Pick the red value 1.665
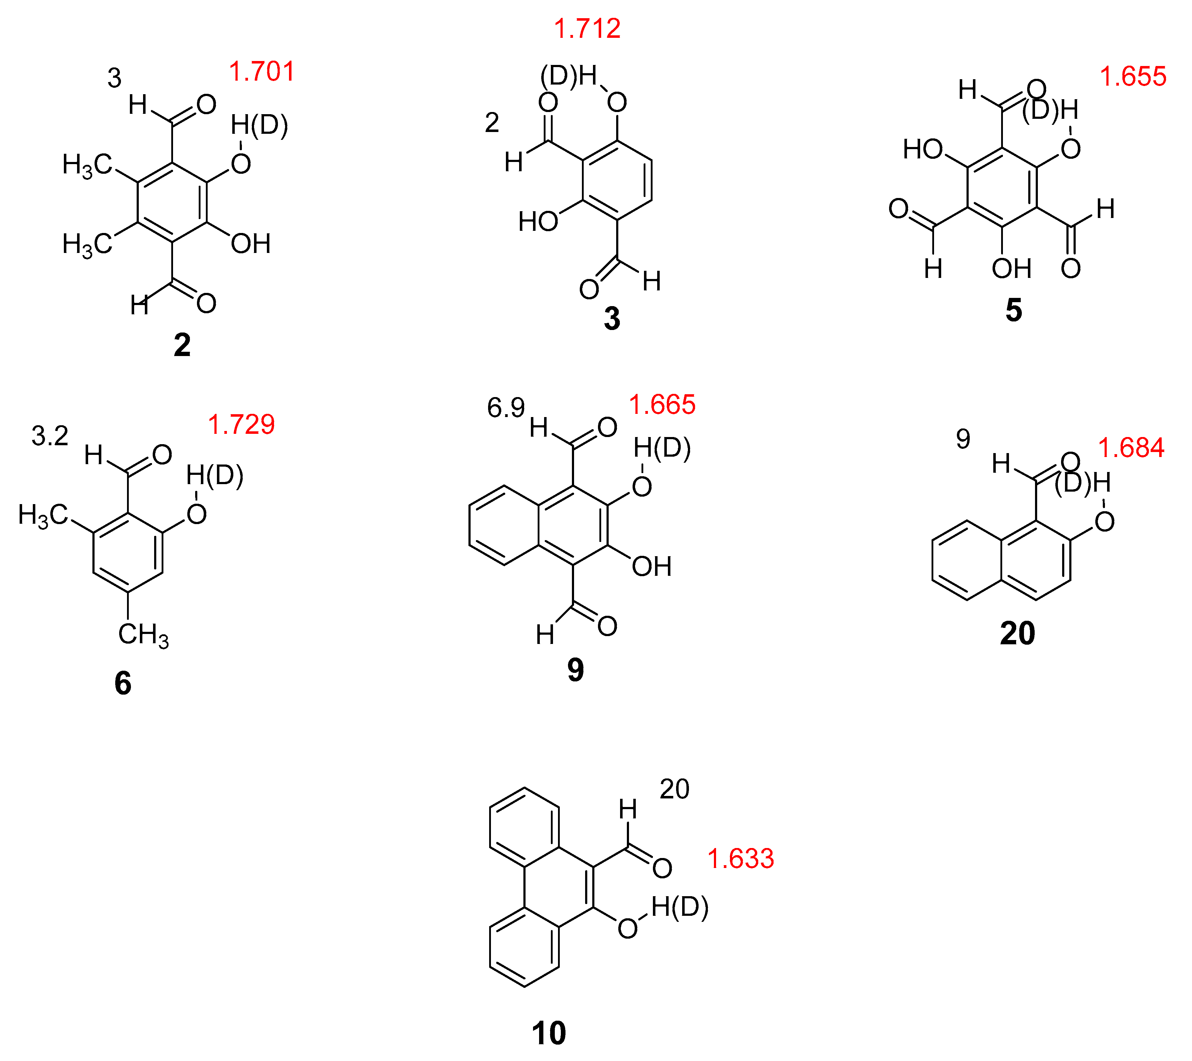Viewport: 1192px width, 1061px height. pos(662,404)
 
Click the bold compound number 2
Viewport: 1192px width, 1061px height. pos(182,345)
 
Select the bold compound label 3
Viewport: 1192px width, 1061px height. pos(612,319)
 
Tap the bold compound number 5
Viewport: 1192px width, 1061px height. pos(1014,310)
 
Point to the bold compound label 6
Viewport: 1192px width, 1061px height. pos(122,683)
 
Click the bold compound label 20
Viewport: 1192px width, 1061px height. pos(1017,633)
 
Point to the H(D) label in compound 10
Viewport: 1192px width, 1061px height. pos(679,907)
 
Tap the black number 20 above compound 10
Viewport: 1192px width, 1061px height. pos(674,789)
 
